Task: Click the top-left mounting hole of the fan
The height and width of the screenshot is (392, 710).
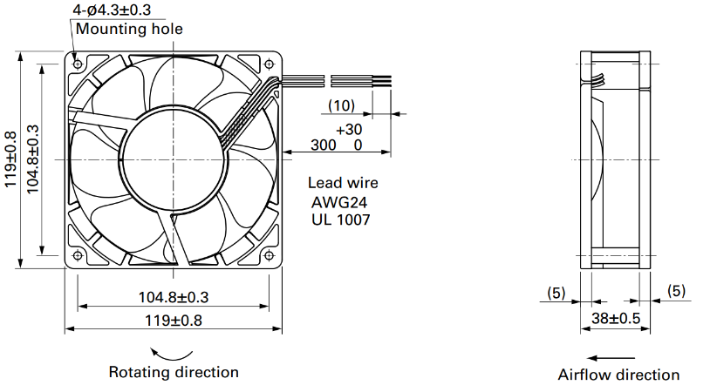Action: tap(78, 64)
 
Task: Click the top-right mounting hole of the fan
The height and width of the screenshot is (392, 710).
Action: tap(270, 64)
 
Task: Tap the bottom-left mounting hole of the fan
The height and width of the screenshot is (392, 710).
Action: tap(78, 255)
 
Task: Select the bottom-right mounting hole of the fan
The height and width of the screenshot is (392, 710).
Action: tap(270, 255)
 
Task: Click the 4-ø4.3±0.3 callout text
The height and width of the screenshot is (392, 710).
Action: tap(112, 10)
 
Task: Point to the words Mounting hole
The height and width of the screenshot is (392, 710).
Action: tap(129, 29)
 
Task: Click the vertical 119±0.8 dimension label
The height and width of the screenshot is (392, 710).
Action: tap(10, 159)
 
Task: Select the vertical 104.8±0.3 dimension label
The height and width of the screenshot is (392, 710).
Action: tap(33, 159)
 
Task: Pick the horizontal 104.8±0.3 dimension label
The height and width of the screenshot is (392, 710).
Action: tap(174, 297)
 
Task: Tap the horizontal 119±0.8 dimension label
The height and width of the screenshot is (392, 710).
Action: tap(174, 321)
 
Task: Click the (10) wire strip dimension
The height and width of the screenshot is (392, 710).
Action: tap(341, 105)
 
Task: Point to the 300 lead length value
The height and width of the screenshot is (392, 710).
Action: tap(324, 145)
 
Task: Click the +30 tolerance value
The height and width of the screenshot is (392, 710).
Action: tap(349, 130)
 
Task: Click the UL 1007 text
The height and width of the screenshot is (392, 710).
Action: tap(340, 220)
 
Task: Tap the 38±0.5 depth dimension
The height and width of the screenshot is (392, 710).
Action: tap(616, 318)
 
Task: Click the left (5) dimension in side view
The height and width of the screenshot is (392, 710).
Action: tap(556, 293)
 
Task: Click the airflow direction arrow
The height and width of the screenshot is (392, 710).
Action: tap(611, 358)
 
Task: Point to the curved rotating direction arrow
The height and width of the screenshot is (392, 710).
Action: tap(171, 355)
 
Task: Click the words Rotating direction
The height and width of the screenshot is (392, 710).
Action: tap(174, 372)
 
